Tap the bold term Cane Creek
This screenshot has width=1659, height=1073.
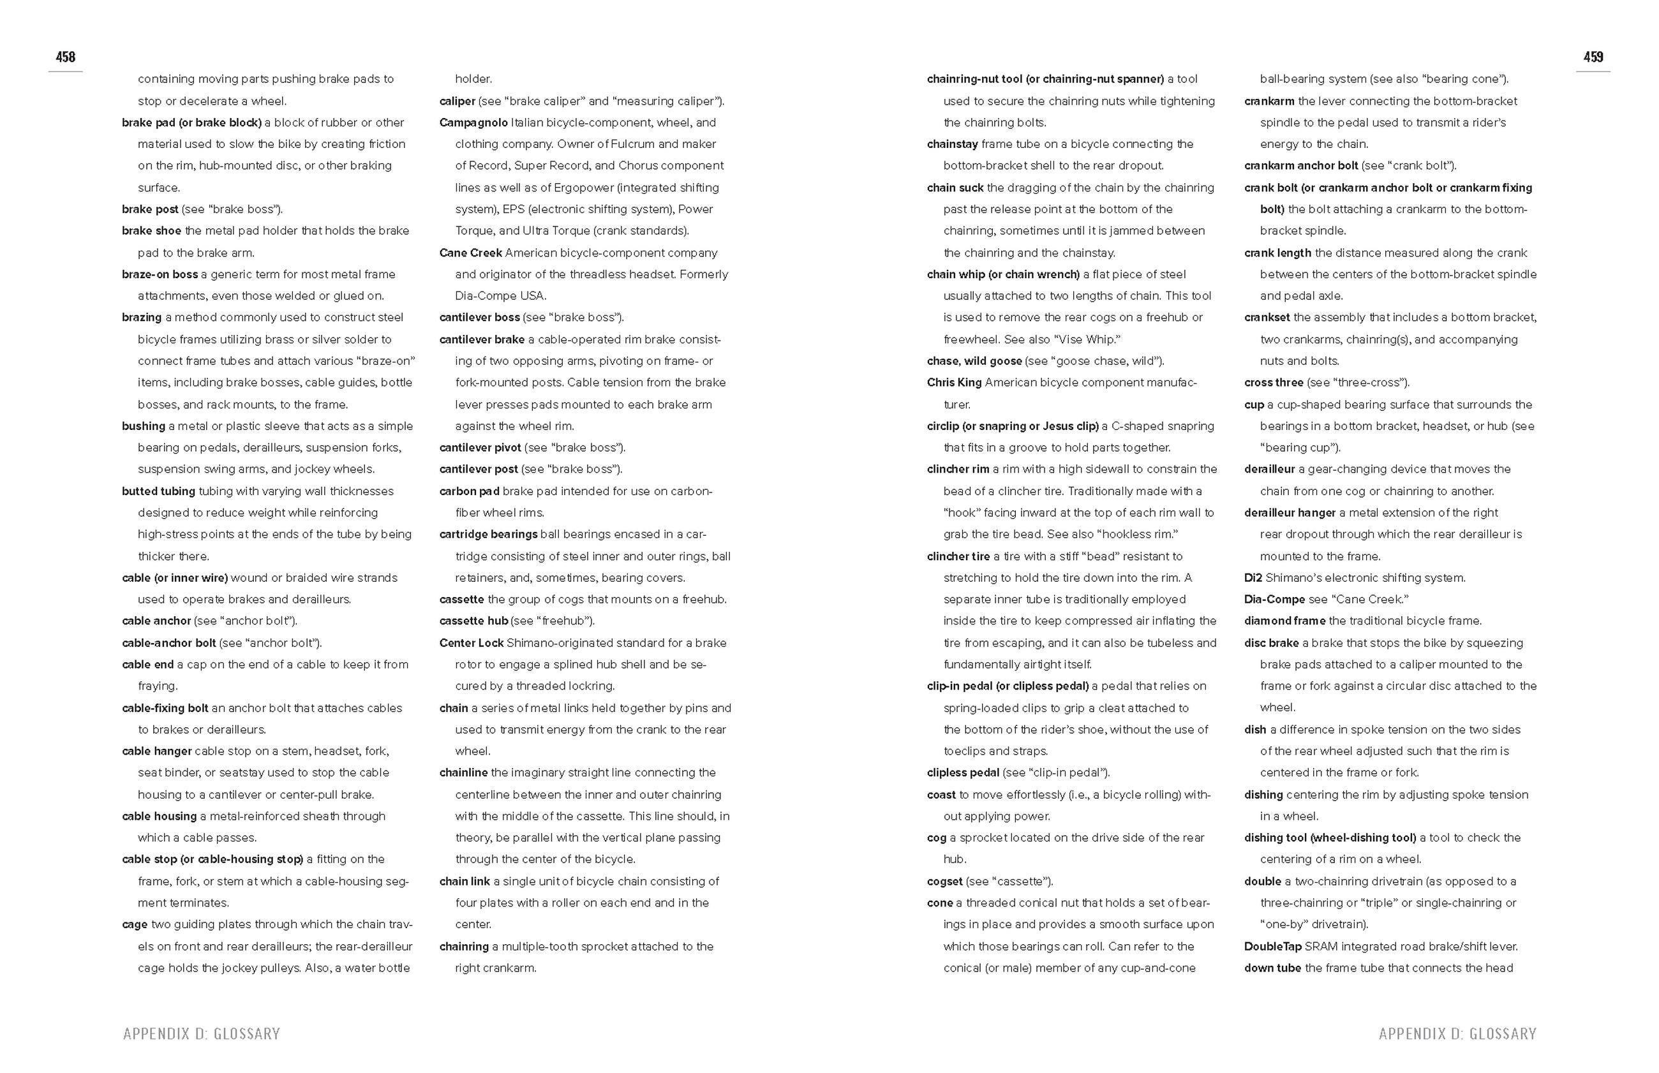[x=470, y=253]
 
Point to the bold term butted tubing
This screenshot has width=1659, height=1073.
[x=158, y=491]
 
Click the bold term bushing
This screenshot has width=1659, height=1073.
[x=144, y=426]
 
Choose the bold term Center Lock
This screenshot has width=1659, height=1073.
[x=471, y=643]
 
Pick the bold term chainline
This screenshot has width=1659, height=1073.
[x=463, y=773]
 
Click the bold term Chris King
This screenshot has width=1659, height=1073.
[x=954, y=383]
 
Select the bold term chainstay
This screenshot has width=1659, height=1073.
[x=952, y=144]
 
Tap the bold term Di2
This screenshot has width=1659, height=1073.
[x=1253, y=577]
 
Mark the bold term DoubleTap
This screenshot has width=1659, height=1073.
[x=1272, y=947]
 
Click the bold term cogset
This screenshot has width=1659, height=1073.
[x=944, y=882]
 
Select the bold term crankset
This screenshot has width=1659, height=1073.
[x=1267, y=318]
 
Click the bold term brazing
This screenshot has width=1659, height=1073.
[x=142, y=318]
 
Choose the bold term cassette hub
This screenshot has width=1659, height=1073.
[x=473, y=621]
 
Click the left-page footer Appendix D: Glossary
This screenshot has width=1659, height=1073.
[x=202, y=1033]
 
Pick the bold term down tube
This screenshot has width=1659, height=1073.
[x=1272, y=968]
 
